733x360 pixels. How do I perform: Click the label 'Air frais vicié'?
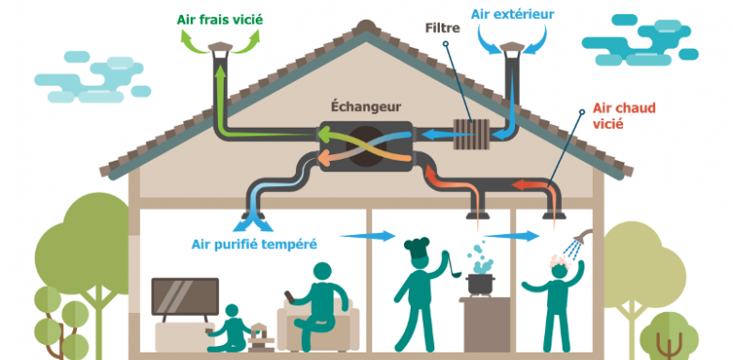(221, 17)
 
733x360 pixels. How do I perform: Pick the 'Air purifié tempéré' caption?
(255, 243)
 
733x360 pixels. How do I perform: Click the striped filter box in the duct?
(463, 134)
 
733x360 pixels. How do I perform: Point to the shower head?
(582, 239)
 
